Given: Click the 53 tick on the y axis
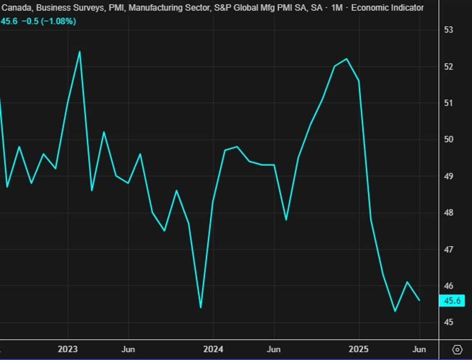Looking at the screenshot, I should click(448, 30).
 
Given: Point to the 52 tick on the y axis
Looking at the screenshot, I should click(448, 67).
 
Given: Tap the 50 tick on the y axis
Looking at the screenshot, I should click(448, 140).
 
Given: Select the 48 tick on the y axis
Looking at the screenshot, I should click(448, 213).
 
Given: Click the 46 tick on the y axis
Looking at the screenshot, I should click(448, 286).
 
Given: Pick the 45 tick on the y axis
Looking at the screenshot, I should click(448, 322).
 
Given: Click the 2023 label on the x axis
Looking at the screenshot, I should click(68, 349).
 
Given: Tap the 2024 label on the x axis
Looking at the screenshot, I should click(213, 349).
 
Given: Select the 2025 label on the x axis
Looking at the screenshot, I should click(359, 349).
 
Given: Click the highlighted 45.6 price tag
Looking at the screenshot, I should click(452, 301).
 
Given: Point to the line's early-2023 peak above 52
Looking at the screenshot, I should click(80, 51).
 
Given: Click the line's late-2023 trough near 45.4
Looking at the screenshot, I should click(201, 308).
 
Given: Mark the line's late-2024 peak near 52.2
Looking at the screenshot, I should click(347, 59).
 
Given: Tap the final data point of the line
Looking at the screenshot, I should click(420, 300).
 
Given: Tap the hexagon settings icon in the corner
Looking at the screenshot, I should click(457, 350).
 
